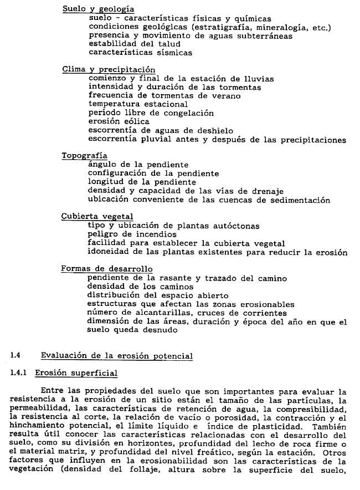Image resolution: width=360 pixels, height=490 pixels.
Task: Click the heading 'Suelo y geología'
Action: coord(98,9)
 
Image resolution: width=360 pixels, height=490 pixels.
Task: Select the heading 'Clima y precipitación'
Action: coord(109,70)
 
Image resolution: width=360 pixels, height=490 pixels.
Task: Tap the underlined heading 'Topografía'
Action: coord(85,156)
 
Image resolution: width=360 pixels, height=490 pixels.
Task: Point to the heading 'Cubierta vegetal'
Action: coord(97,216)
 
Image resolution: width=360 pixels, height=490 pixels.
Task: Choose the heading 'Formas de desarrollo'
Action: coord(107,269)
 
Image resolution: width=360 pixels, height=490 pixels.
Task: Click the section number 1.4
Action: coord(16,356)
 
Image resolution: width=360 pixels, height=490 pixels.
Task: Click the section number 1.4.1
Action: coord(20,374)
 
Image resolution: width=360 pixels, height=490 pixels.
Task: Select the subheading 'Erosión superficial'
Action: coord(76,374)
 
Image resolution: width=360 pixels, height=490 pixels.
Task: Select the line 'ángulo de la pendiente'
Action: coord(138,165)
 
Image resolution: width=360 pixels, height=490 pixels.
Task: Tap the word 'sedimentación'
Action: coord(300,200)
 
